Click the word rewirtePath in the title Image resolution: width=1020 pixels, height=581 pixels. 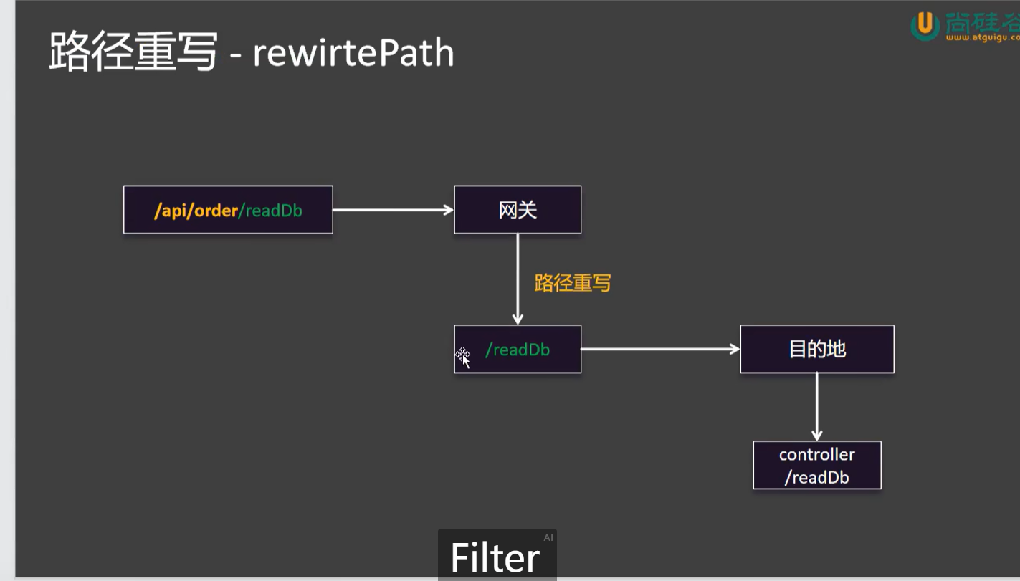353,54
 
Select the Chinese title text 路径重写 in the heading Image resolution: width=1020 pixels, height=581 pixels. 133,52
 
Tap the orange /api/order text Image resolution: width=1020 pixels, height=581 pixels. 195,211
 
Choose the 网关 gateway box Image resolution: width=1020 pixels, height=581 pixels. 518,210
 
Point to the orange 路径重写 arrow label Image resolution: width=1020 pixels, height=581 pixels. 572,283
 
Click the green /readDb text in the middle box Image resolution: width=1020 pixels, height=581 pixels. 518,350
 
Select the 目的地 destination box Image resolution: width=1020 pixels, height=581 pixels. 816,349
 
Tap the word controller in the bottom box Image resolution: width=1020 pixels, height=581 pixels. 816,454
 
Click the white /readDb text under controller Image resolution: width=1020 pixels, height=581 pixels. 816,478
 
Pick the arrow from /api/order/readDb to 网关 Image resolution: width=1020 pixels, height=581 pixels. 393,210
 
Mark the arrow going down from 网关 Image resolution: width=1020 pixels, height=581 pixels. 518,279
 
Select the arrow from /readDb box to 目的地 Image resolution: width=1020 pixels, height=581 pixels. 659,349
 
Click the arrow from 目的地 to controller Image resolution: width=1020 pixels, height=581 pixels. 816,406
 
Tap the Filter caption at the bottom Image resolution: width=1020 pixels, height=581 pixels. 495,557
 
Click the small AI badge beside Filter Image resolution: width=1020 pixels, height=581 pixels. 548,537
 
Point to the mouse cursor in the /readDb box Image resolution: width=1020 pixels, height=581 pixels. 464,357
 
